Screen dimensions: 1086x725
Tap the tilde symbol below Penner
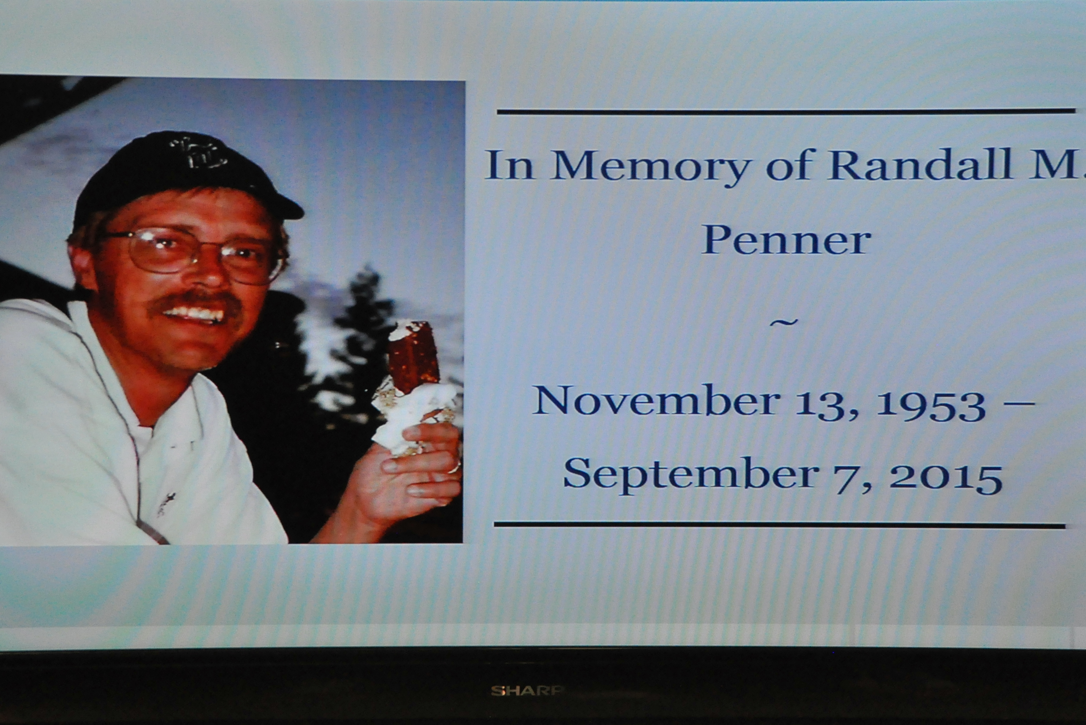(784, 322)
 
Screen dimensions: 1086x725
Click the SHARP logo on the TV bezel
(526, 691)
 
